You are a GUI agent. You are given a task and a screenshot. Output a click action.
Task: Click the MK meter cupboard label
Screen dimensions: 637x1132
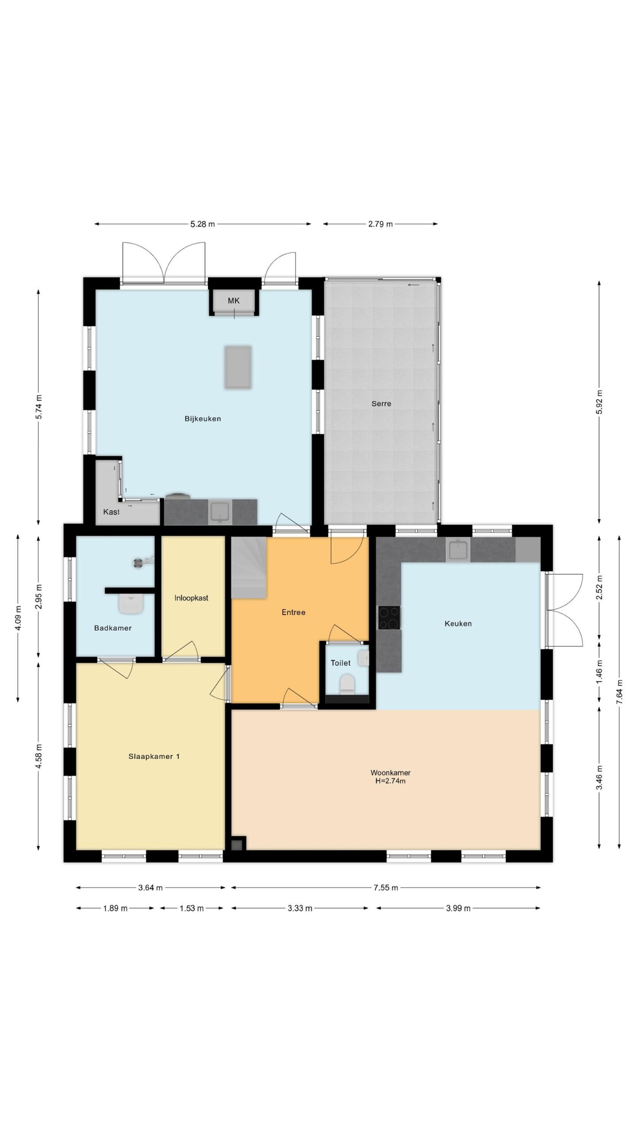(x=234, y=301)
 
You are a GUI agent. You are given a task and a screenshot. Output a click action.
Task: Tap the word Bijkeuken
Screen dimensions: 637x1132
(x=203, y=419)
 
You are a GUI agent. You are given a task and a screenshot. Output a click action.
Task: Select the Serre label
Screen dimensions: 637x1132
(x=381, y=403)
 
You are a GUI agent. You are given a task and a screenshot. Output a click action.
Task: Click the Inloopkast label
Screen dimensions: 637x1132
(x=191, y=598)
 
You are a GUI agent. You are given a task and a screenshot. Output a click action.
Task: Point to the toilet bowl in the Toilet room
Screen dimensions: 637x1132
(x=347, y=684)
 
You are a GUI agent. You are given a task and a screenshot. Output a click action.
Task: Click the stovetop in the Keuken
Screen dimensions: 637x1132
(x=389, y=617)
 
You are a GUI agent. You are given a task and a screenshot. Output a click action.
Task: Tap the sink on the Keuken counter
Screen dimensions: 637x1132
(x=458, y=550)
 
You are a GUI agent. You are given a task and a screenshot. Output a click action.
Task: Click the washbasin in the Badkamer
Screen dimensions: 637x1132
(x=131, y=604)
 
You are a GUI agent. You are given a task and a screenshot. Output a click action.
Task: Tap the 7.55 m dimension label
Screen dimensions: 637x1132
(x=386, y=887)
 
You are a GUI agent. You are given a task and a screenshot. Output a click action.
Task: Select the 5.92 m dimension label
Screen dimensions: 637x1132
(x=599, y=402)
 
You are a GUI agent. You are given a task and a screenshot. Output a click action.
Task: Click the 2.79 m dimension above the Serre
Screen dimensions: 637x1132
(x=380, y=224)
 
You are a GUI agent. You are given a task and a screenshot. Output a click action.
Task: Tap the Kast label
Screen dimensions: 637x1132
(x=111, y=512)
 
